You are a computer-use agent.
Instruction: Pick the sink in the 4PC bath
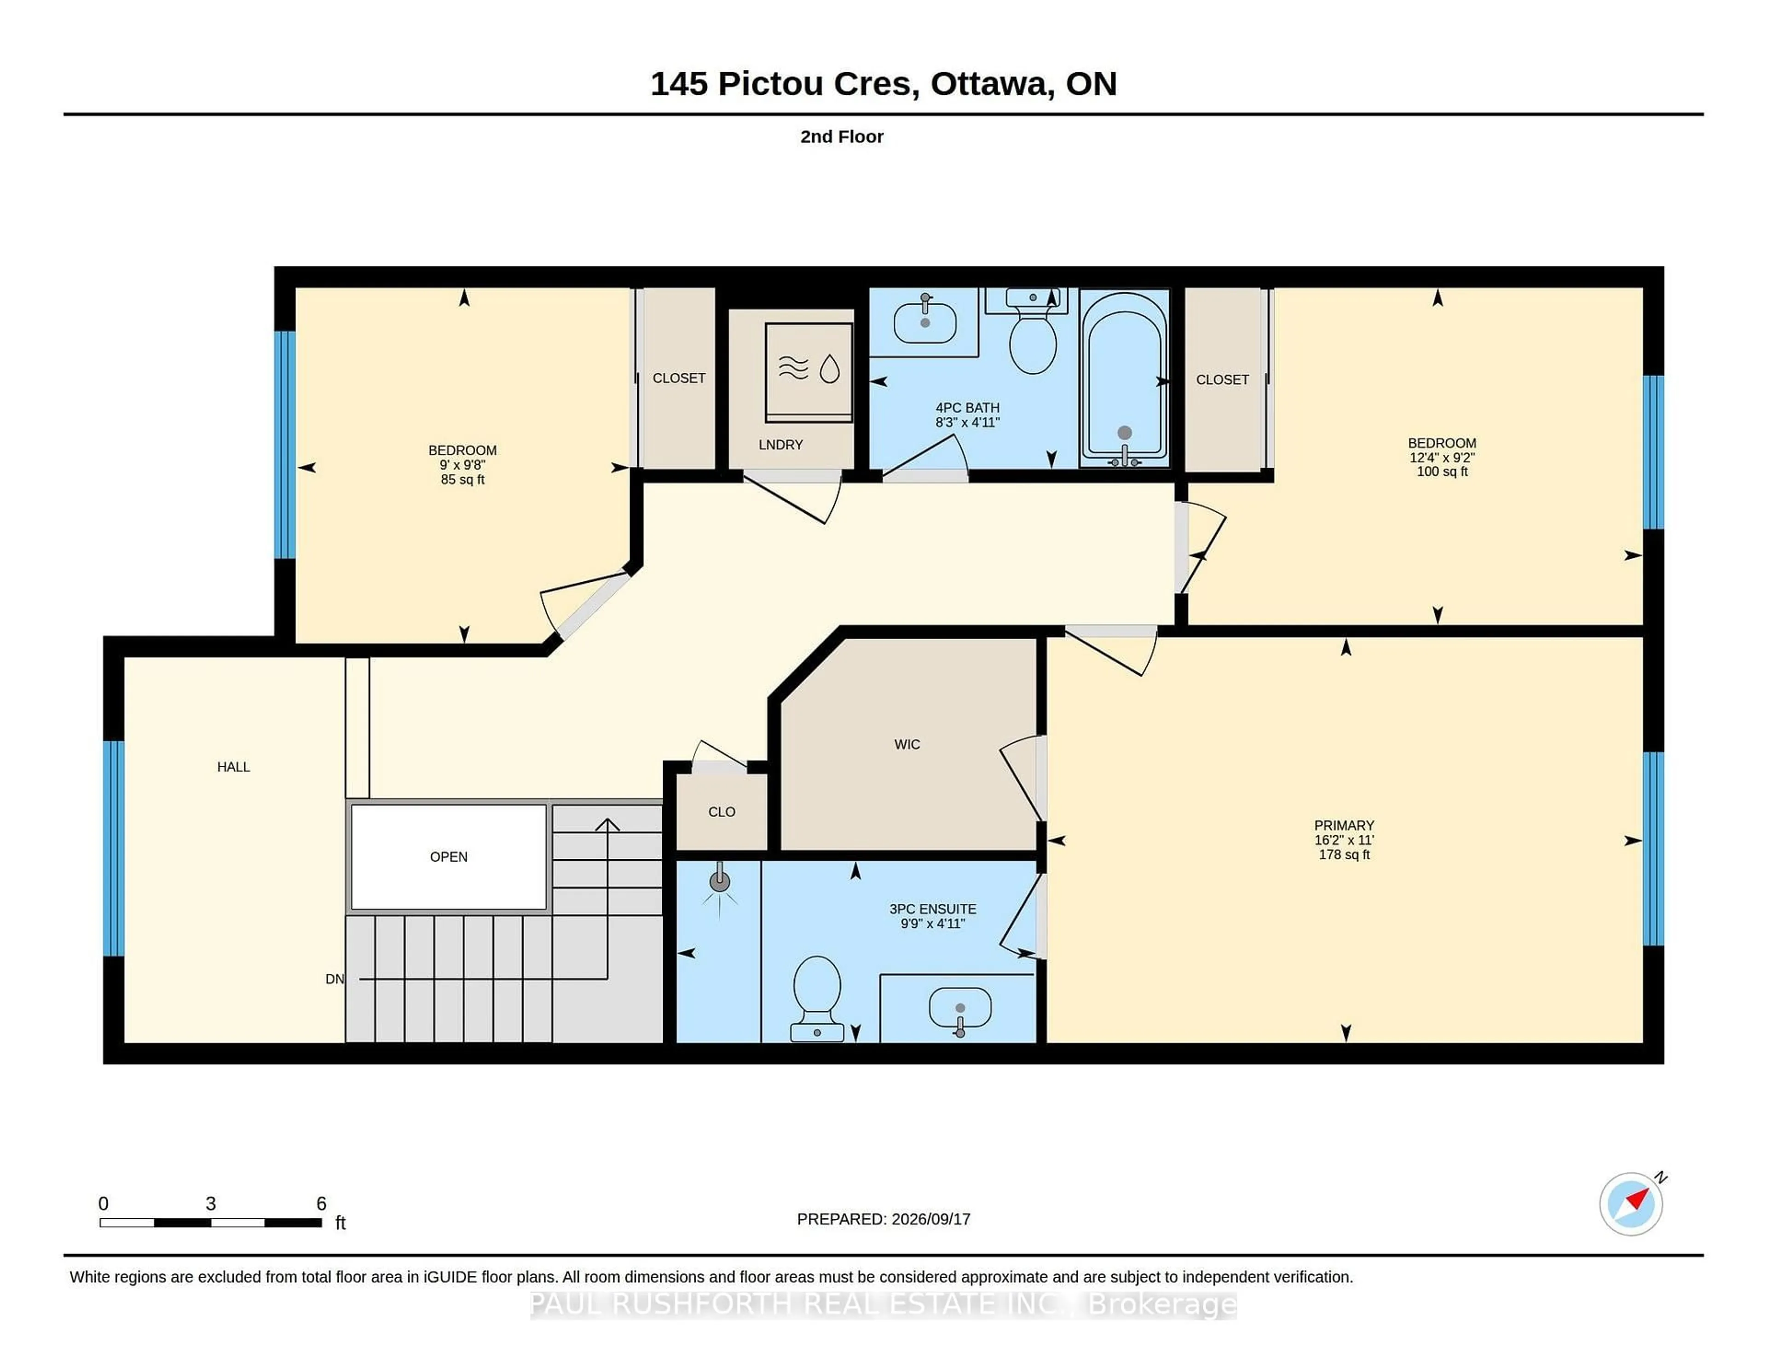click(925, 321)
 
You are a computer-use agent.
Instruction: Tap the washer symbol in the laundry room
click(808, 371)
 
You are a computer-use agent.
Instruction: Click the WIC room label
click(907, 745)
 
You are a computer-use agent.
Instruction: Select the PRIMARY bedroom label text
click(1344, 825)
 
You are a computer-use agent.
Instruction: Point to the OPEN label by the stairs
click(448, 857)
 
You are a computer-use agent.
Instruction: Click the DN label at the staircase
click(334, 979)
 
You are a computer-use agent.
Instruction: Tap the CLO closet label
click(722, 812)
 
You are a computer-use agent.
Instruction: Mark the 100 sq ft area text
click(1442, 472)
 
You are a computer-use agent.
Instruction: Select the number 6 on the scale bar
click(321, 1204)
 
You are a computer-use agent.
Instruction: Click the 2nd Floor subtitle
click(842, 137)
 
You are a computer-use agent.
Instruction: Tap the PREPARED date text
click(883, 1219)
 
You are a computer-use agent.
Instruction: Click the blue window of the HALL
click(114, 848)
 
